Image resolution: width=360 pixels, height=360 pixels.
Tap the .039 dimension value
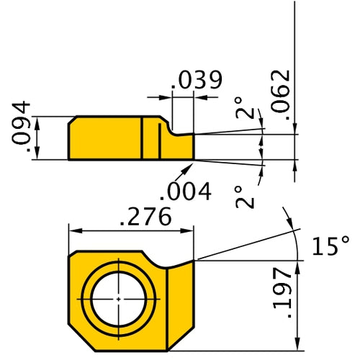[x=195, y=80]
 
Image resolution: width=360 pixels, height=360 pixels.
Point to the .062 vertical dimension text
[x=283, y=94]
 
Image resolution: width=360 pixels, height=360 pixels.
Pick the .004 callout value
[x=186, y=191]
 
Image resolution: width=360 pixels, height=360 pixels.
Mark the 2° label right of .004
[x=246, y=197]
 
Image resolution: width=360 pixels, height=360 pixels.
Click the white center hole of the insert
[x=117, y=298]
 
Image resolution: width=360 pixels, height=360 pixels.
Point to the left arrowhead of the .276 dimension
[x=73, y=231]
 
